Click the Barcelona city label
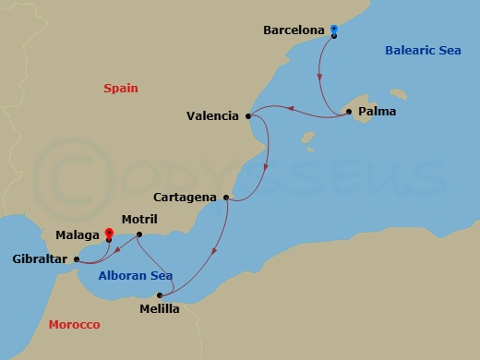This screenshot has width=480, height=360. pyautogui.click(x=294, y=30)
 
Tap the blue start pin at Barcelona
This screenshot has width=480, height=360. pyautogui.click(x=334, y=30)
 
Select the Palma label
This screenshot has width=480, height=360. pyautogui.click(x=377, y=112)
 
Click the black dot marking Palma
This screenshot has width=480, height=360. pyautogui.click(x=349, y=112)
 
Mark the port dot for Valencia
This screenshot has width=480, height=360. pyautogui.click(x=248, y=116)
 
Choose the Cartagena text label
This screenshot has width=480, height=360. pyautogui.click(x=186, y=198)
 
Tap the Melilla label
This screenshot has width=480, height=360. pyautogui.click(x=160, y=309)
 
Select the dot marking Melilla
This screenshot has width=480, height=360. pyautogui.click(x=159, y=295)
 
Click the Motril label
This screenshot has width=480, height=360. pyautogui.click(x=139, y=220)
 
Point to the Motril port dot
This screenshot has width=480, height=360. pyautogui.click(x=138, y=234)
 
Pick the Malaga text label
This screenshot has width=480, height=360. pyautogui.click(x=78, y=236)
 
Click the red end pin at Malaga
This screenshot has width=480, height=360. pyautogui.click(x=109, y=234)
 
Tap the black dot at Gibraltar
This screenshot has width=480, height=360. pyautogui.click(x=77, y=259)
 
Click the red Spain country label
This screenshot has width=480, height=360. pyautogui.click(x=120, y=89)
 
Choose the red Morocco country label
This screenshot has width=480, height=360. pyautogui.click(x=74, y=325)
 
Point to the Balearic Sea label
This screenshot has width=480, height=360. pyautogui.click(x=422, y=51)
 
